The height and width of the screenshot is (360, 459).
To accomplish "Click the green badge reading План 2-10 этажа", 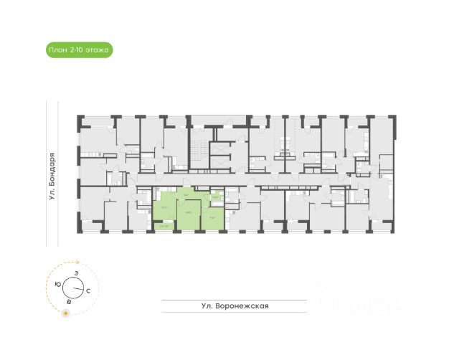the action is tap(77, 49).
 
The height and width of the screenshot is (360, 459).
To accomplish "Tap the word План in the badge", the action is tap(57, 49).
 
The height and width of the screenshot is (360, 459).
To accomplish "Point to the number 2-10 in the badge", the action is tap(76, 49).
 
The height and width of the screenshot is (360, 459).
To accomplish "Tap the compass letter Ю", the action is tap(57, 285).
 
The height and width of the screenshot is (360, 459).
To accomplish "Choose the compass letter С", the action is tap(87, 292).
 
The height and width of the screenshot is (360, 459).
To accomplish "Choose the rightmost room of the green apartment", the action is tap(212, 217).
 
